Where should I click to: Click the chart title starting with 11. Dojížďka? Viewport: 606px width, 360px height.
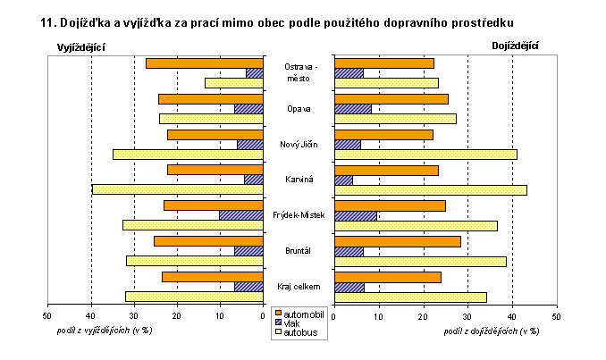(283, 20)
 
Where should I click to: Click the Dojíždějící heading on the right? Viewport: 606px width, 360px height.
(521, 46)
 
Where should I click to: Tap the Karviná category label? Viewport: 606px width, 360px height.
(299, 180)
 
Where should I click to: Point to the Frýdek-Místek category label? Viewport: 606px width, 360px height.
(299, 215)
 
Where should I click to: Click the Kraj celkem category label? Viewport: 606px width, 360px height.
(299, 286)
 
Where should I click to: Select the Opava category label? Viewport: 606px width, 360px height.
(299, 109)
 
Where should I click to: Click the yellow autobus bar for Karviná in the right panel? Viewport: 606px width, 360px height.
(430, 189)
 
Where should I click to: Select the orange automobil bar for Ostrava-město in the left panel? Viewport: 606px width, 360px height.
(204, 63)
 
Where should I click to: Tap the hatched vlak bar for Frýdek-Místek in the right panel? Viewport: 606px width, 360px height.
(356, 215)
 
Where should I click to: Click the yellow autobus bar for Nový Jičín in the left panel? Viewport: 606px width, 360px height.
(188, 154)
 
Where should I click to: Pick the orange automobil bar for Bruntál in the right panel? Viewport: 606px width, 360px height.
(397, 241)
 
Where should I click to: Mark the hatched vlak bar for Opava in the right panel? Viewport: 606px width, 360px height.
(352, 109)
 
